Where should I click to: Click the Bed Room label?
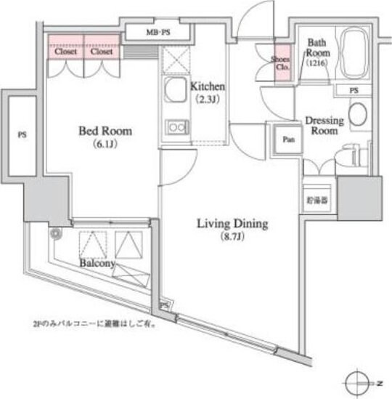coord(105,132)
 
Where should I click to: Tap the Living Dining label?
coord(232,223)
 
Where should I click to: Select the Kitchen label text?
coord(208,86)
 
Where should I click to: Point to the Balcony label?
coord(99,264)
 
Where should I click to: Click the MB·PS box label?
coord(158,33)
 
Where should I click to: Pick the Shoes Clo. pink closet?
coord(281,62)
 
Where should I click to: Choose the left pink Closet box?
coord(65,51)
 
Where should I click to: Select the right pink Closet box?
coord(102,51)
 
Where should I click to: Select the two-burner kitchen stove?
coord(176,128)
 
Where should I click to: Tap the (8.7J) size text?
coord(232,237)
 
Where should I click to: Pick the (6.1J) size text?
coord(105,145)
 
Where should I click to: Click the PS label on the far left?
coord(22,134)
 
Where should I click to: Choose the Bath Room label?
coord(318,48)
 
